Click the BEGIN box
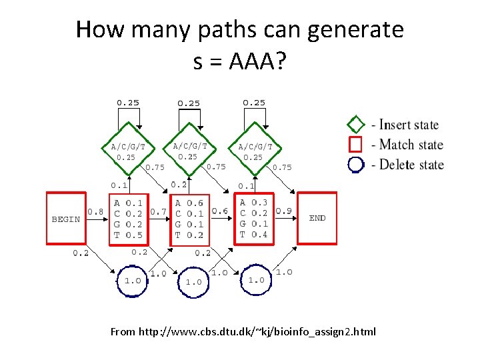(x=66, y=219)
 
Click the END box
(x=317, y=217)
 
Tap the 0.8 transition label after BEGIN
(x=95, y=211)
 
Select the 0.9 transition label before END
(x=283, y=211)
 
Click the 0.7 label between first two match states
(x=159, y=211)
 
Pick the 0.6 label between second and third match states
(x=220, y=211)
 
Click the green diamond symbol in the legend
(x=356, y=125)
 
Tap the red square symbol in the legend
(x=356, y=144)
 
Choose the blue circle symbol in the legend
(x=356, y=164)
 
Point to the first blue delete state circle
(x=133, y=281)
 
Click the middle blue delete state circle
(x=193, y=282)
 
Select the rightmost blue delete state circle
(x=256, y=281)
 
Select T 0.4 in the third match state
(x=253, y=234)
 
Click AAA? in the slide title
(x=257, y=62)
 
